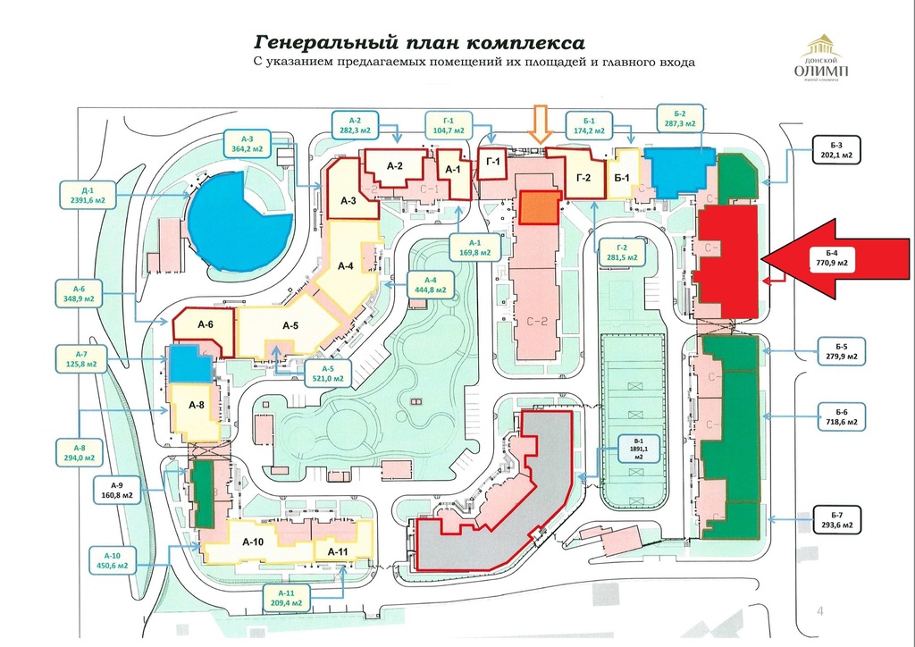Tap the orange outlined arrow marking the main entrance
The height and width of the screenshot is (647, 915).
click(539, 123)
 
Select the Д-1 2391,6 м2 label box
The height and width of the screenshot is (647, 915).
click(88, 194)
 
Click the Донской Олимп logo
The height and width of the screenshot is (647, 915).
click(823, 59)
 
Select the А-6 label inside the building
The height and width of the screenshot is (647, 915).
click(206, 324)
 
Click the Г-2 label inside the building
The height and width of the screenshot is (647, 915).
click(584, 178)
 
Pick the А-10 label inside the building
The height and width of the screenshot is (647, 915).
click(253, 541)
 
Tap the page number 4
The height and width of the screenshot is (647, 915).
click(819, 611)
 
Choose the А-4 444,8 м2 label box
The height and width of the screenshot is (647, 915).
click(431, 287)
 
